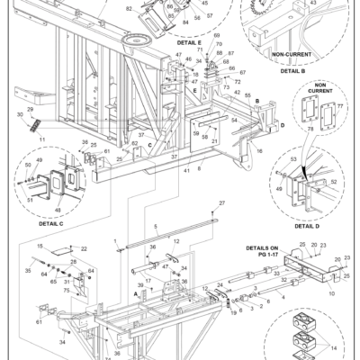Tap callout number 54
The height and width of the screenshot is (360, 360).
tap(234, 120)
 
